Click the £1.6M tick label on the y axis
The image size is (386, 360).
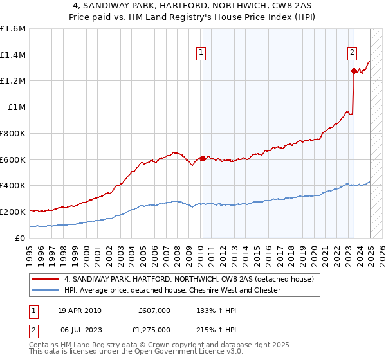[13, 28]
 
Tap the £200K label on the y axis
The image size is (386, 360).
[13, 212]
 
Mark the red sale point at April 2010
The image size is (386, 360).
[203, 158]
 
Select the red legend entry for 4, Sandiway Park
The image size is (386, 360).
[188, 279]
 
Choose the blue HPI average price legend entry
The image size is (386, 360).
[172, 291]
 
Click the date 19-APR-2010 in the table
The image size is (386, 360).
[79, 310]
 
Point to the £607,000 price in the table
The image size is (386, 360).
[154, 310]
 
